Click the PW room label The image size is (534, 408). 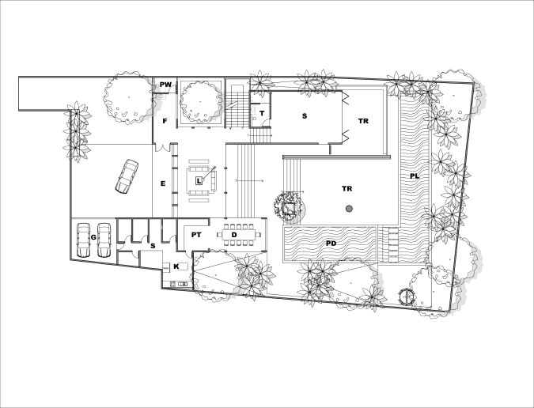(x=166, y=85)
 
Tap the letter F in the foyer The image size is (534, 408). (x=165, y=121)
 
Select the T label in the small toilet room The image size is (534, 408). (x=262, y=114)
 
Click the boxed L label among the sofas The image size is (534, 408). (x=199, y=181)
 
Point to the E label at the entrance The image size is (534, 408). (x=163, y=183)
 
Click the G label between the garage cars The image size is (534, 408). (x=93, y=237)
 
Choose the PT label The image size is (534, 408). (x=196, y=235)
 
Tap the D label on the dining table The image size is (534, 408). (x=234, y=235)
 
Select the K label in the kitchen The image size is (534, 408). (x=176, y=266)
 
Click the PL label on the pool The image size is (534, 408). (x=415, y=176)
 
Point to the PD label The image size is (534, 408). (x=331, y=244)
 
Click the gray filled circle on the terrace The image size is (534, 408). (x=349, y=209)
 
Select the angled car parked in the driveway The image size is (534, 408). (x=127, y=176)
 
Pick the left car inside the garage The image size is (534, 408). (x=83, y=240)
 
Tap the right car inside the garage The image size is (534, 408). (x=104, y=240)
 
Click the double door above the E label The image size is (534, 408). (x=162, y=148)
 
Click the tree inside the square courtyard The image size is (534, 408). (x=200, y=101)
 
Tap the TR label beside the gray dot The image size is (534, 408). (x=347, y=188)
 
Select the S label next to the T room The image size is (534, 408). (x=305, y=116)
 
